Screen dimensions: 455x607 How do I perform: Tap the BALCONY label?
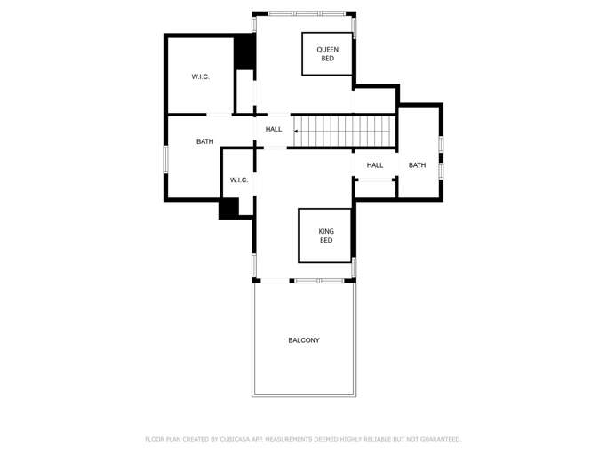pos(304,340)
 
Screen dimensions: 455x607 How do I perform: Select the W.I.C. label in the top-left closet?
pos(201,77)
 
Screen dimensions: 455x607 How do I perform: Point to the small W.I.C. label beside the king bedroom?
pos(239,180)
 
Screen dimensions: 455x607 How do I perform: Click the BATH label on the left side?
pos(205,141)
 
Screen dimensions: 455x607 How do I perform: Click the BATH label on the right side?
pos(417,165)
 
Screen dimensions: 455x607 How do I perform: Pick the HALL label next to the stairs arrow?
pos(274,130)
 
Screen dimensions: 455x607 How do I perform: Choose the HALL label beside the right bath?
pos(375,165)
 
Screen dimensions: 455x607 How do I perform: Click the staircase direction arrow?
pos(297,131)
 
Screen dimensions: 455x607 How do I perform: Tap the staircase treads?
pos(347,131)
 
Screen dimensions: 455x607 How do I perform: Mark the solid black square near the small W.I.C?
pos(228,208)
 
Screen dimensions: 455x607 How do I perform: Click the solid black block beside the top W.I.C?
pos(244,52)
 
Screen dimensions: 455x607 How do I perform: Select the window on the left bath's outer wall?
pos(165,158)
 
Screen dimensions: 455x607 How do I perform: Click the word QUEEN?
pos(328,50)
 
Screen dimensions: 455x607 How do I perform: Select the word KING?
pos(326,231)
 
